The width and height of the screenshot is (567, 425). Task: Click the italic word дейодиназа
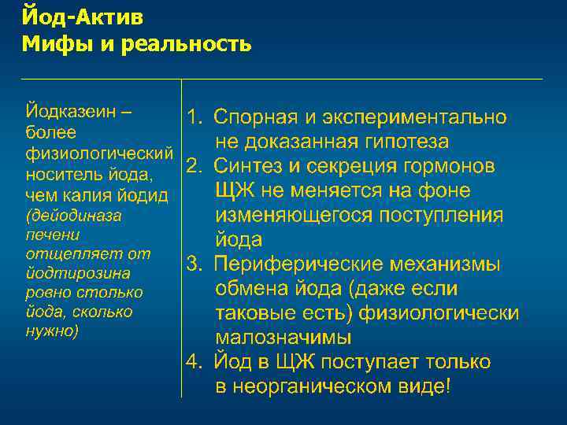pos(74,214)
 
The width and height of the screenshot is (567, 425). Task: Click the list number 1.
pos(194,118)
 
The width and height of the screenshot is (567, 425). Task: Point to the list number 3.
pos(194,264)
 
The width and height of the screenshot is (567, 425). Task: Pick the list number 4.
pos(194,362)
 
